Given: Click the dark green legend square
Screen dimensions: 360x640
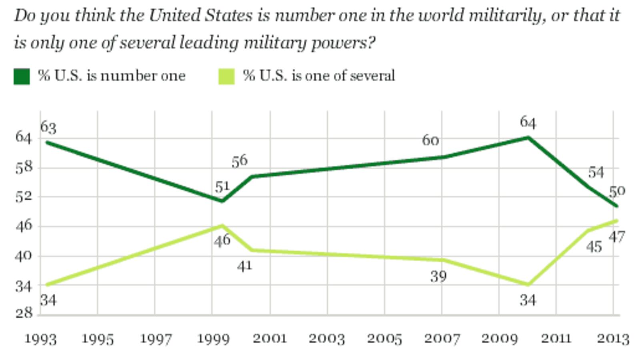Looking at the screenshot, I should coord(22,76).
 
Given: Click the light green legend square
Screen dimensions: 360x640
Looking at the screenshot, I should coord(226,76).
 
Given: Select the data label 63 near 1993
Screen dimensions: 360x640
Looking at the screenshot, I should coord(48,128).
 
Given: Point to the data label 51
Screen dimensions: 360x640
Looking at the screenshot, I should coord(222,186).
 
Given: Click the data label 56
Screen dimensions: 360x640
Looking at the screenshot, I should coord(240,161).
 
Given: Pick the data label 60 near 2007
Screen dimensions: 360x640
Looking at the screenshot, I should coord(430,140).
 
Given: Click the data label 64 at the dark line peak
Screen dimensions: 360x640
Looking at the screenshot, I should coord(528,122).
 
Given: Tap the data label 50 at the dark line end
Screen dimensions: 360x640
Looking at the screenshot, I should coord(616,191).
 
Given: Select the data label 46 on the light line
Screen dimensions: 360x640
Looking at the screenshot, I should coord(222,240).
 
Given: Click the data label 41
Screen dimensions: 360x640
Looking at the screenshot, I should coord(244,266).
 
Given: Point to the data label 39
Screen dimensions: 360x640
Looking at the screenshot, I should coord(438,276).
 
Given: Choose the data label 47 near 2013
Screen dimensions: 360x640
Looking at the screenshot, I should coord(616,237).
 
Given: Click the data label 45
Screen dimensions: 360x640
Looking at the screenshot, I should coord(594,247).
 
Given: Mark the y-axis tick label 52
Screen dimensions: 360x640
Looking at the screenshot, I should coord(24,196).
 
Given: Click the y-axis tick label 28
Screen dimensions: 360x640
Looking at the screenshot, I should coord(24,313).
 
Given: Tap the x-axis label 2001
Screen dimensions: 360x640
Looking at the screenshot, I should coord(270,339).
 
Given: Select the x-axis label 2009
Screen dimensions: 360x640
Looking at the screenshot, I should coord(499,339).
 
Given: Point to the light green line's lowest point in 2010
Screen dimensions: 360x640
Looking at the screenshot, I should coord(528,284).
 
